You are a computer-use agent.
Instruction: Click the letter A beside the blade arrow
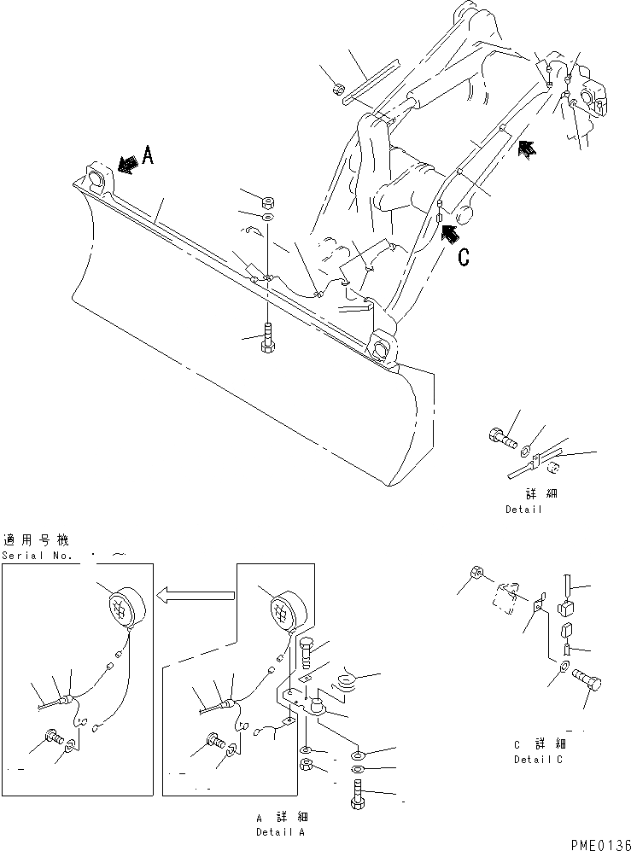pos(148,154)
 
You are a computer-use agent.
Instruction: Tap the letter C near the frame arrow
pos(464,257)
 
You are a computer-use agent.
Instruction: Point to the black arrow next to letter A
pos(128,164)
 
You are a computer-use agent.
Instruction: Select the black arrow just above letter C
pos(451,228)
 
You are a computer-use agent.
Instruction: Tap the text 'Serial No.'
pos(35,555)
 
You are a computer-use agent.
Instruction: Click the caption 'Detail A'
pos(282,831)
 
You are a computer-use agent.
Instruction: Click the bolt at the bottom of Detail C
pos(587,681)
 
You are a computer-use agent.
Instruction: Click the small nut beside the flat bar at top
pos(337,88)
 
